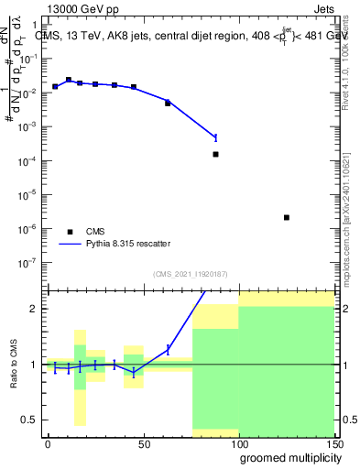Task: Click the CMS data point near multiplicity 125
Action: point(287,217)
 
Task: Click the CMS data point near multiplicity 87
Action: point(215,154)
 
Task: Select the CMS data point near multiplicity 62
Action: point(168,104)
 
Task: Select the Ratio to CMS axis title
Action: point(14,364)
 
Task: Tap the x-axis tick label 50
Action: point(143,442)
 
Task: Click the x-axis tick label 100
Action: point(238,442)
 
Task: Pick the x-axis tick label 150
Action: point(333,442)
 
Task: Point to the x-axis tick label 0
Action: point(48,442)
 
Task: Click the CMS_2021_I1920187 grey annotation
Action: point(190,274)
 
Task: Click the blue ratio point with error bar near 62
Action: point(168,349)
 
